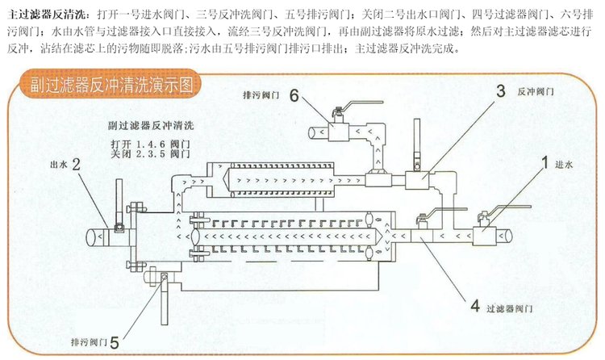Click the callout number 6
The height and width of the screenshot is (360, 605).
pos(294,95)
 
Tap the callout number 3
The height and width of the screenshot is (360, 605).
pos(500,91)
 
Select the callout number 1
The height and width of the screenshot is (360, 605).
pos(544,162)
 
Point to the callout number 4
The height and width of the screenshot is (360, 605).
pos(475,306)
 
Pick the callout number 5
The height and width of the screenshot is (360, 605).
pos(115,342)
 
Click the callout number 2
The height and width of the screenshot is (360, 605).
pos(76,165)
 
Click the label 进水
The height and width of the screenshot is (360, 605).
pos(564,165)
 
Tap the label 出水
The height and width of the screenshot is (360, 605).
pos(59,165)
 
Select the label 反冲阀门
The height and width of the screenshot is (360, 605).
pos(536,91)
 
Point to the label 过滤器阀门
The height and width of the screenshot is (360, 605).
pos(509,308)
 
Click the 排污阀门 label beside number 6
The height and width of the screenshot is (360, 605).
pos(261,95)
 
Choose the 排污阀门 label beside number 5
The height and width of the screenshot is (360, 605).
pos(89,342)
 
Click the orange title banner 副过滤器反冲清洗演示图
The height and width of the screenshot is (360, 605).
pos(111,85)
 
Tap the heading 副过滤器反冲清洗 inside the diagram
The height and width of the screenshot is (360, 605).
pos(151,126)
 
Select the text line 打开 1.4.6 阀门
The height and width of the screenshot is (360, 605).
pos(151,144)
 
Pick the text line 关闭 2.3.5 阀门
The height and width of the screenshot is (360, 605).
pos(151,153)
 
